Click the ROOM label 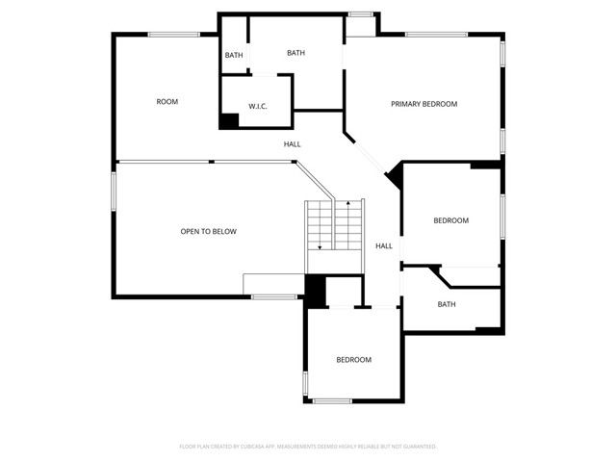click(167, 101)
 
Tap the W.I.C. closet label click(257, 106)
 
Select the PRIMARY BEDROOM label click(423, 104)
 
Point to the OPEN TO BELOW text click(209, 231)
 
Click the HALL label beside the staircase click(384, 245)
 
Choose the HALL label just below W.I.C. click(292, 144)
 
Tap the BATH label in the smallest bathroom click(234, 55)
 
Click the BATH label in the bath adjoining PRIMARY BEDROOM click(295, 53)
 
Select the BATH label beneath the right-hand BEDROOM click(447, 304)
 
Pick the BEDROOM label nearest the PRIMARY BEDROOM click(450, 220)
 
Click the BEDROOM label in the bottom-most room click(353, 360)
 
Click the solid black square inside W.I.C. click(229, 121)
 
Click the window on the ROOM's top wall click(173, 35)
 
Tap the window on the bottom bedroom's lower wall click(333, 400)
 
